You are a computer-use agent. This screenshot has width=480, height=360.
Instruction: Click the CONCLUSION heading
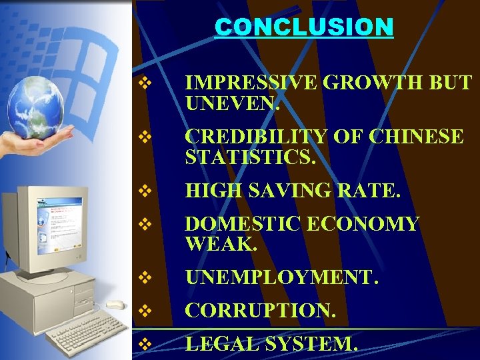(304, 27)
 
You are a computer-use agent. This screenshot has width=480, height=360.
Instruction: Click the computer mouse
(115, 305)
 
